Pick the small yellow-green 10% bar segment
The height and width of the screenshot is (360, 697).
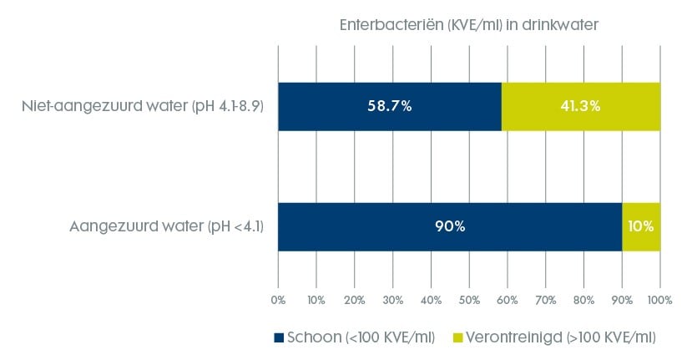641,226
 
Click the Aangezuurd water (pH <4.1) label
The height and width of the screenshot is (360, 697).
168,226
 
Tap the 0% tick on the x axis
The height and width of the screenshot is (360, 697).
278,298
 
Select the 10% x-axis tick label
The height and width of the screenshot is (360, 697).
316,298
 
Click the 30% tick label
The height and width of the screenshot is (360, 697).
392,298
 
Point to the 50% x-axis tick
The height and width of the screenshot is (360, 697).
469,298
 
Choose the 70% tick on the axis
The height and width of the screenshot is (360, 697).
545,298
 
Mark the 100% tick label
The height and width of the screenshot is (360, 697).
659,298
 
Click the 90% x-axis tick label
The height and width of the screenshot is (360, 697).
622,298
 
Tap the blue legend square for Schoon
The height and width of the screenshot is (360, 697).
279,338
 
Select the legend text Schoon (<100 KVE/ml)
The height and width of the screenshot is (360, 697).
361,338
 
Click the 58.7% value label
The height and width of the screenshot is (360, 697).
390,106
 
